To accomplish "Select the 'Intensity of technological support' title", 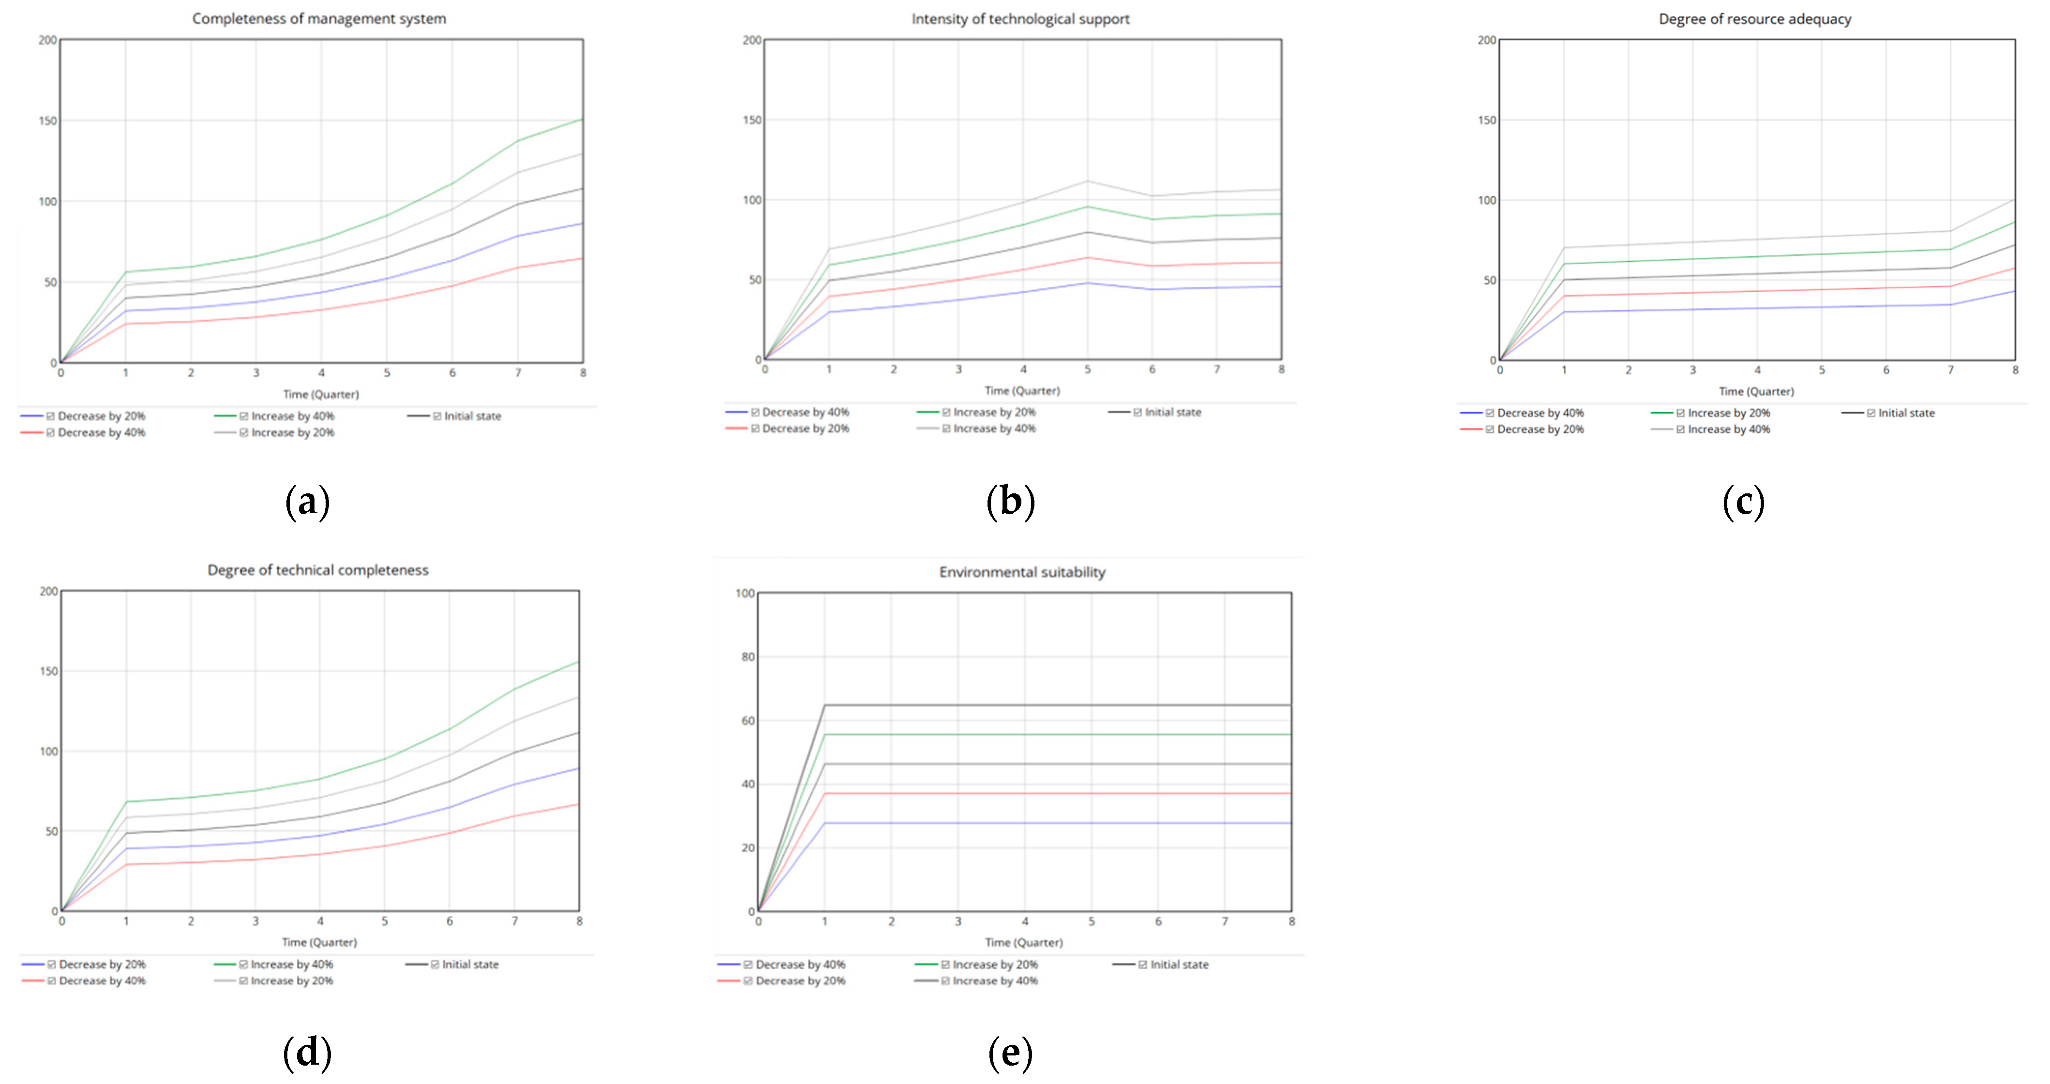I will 1020,18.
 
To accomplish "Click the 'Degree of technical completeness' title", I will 317,570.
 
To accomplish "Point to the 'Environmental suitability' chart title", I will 1022,571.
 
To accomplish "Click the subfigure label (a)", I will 307,502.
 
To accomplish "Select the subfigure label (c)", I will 1743,502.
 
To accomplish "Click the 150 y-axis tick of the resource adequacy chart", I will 1486,120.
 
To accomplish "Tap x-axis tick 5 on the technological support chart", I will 1087,369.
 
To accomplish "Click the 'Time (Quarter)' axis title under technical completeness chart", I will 319,942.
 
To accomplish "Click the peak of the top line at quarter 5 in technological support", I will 1087,181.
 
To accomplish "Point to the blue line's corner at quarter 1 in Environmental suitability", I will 824,823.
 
